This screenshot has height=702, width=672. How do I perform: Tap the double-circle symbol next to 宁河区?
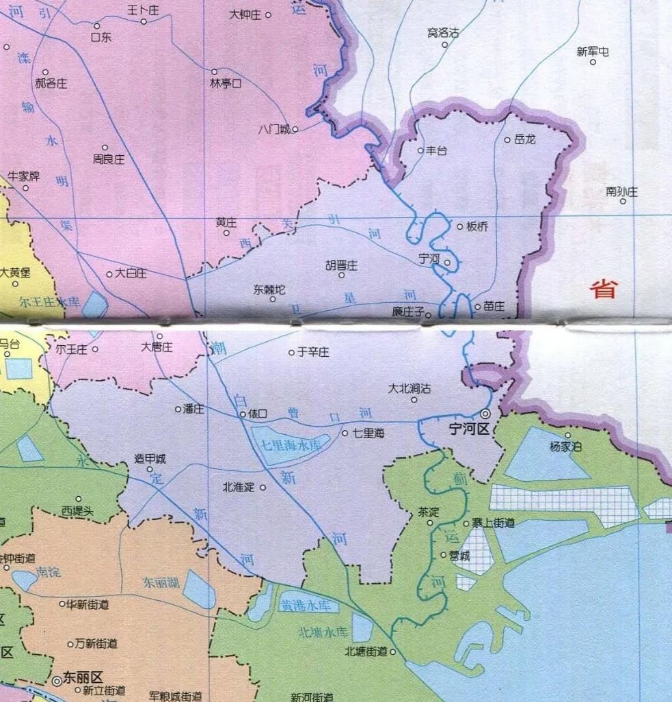(x=485, y=414)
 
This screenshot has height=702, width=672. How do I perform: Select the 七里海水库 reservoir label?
(x=291, y=445)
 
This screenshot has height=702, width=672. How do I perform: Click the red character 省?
(x=604, y=289)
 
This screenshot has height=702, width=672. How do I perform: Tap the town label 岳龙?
(x=526, y=139)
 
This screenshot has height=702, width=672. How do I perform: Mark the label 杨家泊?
(x=565, y=446)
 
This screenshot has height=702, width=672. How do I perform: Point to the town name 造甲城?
(x=151, y=459)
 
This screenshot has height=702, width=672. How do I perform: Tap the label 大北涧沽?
(x=409, y=388)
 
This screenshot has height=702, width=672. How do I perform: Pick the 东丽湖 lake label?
(x=161, y=583)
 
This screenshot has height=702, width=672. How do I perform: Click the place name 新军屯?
(x=592, y=51)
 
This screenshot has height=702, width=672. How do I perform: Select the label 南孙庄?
(x=621, y=192)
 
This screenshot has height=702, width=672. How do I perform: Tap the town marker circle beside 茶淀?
(x=430, y=523)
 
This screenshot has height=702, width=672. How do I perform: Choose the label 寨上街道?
(x=493, y=523)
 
